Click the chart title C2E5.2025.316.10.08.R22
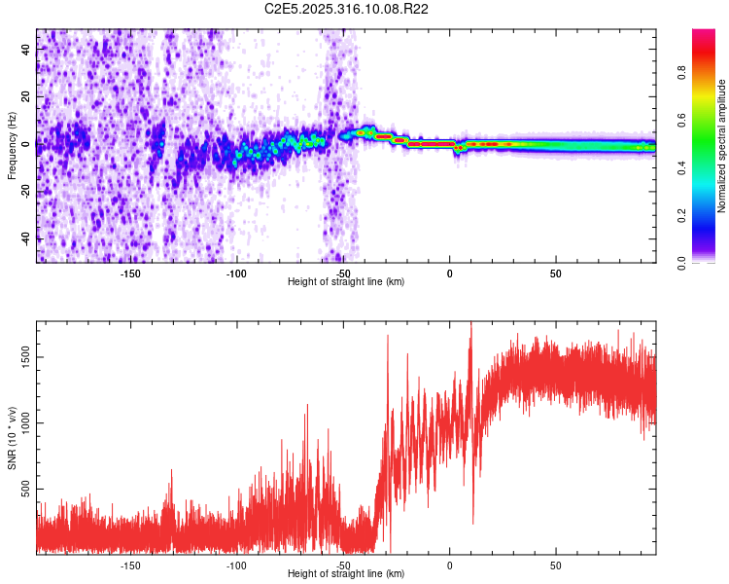pos(347,9)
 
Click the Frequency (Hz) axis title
pos(12,146)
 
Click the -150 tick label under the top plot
pos(130,274)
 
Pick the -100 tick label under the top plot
pos(236,274)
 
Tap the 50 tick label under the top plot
pos(555,274)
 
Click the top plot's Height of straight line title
pos(346,282)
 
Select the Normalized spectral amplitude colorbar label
pos(722,146)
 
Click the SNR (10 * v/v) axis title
pos(12,436)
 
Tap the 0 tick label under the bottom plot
pos(449,566)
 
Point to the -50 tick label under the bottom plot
pos(342,566)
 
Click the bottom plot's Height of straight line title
pos(346,574)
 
